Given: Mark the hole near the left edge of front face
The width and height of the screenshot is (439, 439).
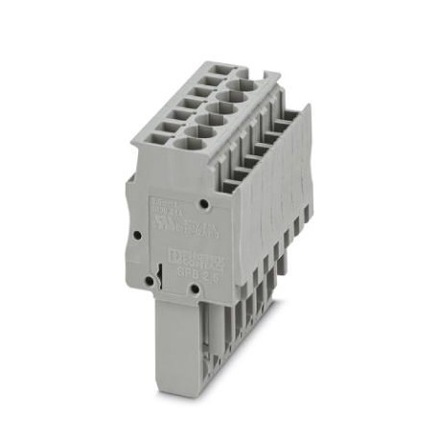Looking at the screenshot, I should point(138,233).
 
